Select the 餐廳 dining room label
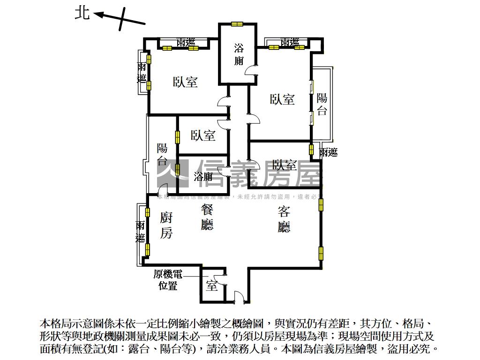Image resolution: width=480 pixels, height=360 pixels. (x=207, y=217)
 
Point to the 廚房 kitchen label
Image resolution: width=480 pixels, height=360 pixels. (x=166, y=225)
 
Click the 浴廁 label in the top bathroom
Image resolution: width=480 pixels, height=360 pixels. (x=239, y=54)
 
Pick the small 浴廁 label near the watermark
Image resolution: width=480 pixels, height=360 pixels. (x=203, y=177)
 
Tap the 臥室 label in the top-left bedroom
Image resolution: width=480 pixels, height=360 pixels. (x=186, y=82)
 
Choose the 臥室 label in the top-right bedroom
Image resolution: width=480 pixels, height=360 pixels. (x=282, y=99)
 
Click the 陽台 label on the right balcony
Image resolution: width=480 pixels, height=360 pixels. (x=322, y=105)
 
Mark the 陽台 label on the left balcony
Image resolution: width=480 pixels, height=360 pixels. (x=162, y=155)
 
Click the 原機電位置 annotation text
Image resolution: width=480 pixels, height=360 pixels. (x=168, y=280)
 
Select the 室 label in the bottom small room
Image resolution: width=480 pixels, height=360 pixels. (x=212, y=285)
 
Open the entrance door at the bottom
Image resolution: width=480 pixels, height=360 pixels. (x=238, y=296)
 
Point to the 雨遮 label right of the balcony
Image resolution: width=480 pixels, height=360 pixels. (x=328, y=152)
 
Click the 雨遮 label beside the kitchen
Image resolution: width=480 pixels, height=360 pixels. (x=140, y=232)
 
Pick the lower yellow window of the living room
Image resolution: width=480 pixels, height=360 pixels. (x=321, y=253)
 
